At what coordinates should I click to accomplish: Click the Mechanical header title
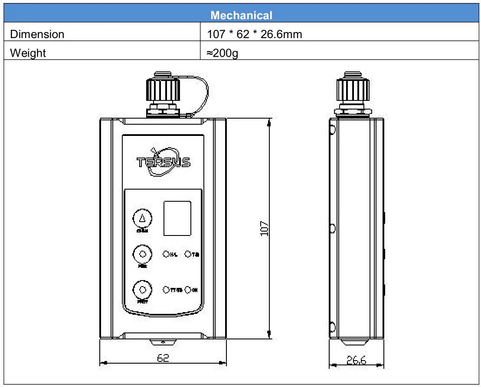click(x=241, y=15)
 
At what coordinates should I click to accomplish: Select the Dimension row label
click(x=37, y=34)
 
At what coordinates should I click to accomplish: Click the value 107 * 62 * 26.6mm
click(x=254, y=34)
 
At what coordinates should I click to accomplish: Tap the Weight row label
click(x=28, y=53)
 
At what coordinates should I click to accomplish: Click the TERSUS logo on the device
click(x=164, y=161)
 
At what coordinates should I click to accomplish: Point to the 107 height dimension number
click(x=264, y=229)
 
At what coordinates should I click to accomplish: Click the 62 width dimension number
click(x=163, y=358)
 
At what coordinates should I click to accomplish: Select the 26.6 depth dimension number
click(x=356, y=360)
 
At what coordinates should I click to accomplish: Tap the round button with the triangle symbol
click(x=142, y=219)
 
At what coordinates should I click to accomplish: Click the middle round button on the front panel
click(x=142, y=254)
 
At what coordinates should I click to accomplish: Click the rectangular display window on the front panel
click(x=177, y=218)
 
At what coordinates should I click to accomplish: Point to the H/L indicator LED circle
click(x=166, y=254)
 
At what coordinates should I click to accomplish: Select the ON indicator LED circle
click(x=188, y=290)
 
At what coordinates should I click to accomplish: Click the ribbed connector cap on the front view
click(x=163, y=89)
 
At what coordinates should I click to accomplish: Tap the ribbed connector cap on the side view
click(x=353, y=90)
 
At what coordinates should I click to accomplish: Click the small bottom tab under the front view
click(x=163, y=342)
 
